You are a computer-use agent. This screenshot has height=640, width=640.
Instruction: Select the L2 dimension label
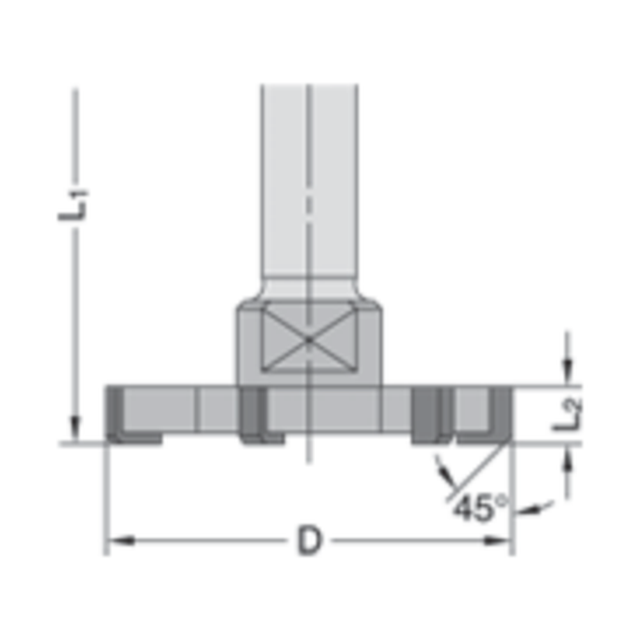point(567,413)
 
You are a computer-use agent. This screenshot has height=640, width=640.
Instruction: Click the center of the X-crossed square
point(308,337)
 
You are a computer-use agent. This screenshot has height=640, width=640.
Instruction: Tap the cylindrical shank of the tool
point(308,186)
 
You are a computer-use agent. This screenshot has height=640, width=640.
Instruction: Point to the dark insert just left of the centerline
point(251,415)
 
